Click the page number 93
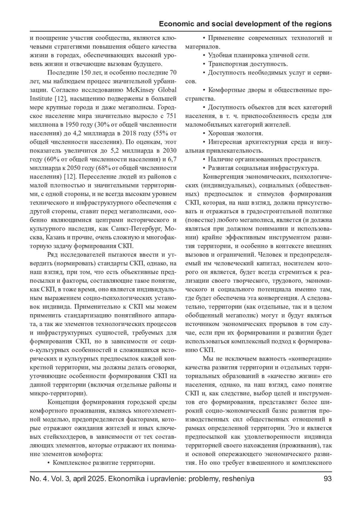pos(328,479)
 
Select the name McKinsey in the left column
pos(141,90)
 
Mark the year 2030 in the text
pos(169,151)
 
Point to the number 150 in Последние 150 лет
pos(87,73)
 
